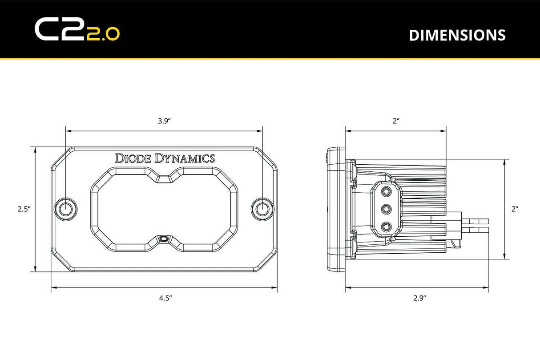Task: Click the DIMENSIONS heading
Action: (457, 35)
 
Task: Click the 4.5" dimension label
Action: (165, 298)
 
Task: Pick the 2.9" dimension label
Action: (419, 298)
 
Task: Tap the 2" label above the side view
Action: (396, 121)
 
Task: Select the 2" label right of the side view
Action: (515, 209)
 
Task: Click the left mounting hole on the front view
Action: (66, 208)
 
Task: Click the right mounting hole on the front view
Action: (262, 208)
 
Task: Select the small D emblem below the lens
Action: (165, 239)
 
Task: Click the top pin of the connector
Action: (386, 191)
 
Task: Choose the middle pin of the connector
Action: (386, 208)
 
